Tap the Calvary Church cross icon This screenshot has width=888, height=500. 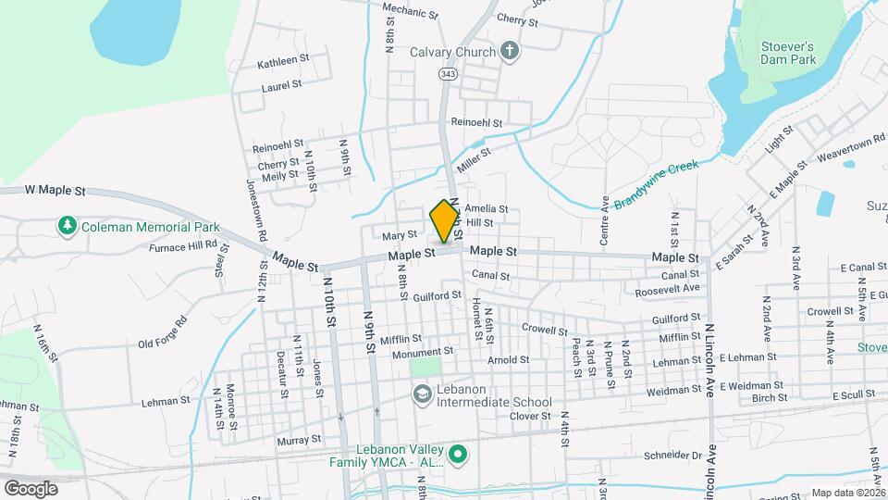(509, 52)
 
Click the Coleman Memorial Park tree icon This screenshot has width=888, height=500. (67, 226)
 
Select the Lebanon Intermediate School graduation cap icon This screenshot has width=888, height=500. (422, 395)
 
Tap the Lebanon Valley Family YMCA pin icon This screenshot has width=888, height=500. (456, 455)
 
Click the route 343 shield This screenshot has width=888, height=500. (448, 72)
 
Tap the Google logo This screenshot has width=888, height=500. (31, 488)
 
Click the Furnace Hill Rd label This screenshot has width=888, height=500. (189, 246)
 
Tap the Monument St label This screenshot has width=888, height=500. (422, 352)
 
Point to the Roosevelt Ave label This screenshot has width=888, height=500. (667, 290)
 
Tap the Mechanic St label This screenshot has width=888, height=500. (411, 13)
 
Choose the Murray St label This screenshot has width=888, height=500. (298, 440)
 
